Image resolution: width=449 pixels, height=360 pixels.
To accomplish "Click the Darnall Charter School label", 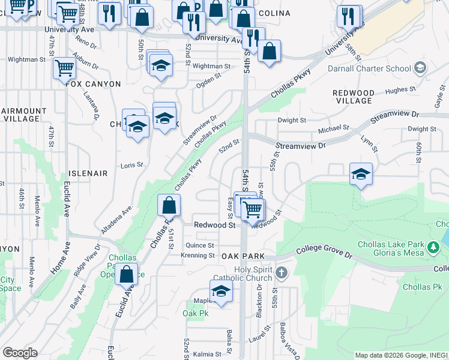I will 362,68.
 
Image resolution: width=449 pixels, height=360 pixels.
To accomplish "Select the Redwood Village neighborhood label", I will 354,97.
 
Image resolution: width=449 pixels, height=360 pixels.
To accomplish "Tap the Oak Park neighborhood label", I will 243,256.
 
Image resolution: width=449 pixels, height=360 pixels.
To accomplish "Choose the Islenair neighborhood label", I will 88,173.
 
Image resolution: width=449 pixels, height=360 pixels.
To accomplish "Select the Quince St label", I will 200,245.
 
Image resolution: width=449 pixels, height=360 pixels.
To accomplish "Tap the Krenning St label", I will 198,256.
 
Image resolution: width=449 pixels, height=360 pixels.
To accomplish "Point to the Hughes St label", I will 401,91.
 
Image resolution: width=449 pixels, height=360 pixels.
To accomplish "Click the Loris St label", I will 132,165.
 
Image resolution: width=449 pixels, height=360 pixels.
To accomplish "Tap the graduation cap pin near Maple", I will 221,290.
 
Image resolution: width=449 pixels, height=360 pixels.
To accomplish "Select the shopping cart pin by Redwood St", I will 253,209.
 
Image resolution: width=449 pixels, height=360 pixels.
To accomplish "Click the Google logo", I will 20,353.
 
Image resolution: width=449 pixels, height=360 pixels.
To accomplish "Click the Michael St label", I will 334,128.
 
